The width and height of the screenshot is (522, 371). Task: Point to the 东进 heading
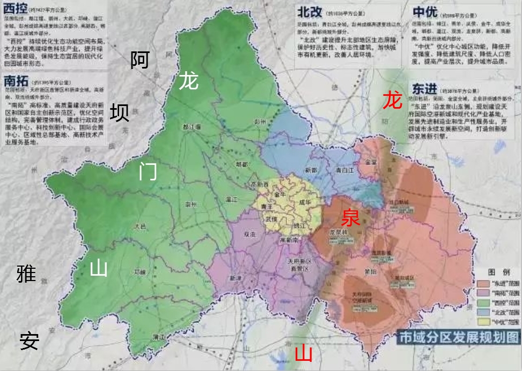[x=424, y=87]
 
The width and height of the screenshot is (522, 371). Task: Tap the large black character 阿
[x=139, y=60]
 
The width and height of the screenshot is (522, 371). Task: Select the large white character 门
[x=148, y=171]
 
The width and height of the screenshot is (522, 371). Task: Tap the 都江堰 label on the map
[x=191, y=127]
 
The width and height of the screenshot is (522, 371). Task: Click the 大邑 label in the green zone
[x=141, y=226]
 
